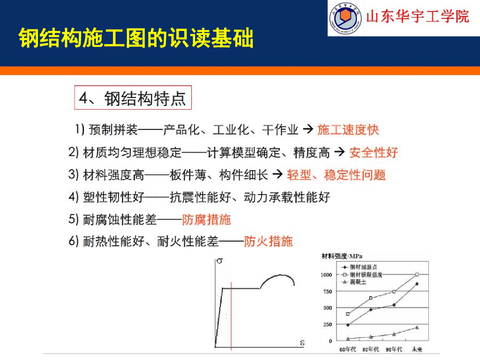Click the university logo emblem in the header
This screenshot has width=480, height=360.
[x=345, y=18]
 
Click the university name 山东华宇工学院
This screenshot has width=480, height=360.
[x=417, y=17]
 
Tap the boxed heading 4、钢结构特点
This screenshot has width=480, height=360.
[x=133, y=98]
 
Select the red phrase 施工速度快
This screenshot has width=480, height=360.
[x=348, y=130]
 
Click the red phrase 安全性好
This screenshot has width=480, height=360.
[x=374, y=152]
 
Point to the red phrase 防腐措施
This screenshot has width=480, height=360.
[x=206, y=219]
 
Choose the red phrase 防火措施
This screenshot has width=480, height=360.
[x=268, y=242]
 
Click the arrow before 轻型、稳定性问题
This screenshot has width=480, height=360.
[x=277, y=175]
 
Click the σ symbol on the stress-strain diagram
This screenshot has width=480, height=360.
[x=219, y=262]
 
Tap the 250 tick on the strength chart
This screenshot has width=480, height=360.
[x=327, y=324]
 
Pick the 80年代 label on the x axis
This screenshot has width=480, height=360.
[x=371, y=350]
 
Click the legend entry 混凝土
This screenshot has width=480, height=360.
[x=358, y=282]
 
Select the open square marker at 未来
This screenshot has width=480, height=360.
[x=417, y=275]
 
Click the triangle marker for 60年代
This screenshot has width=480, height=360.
[x=348, y=338]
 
